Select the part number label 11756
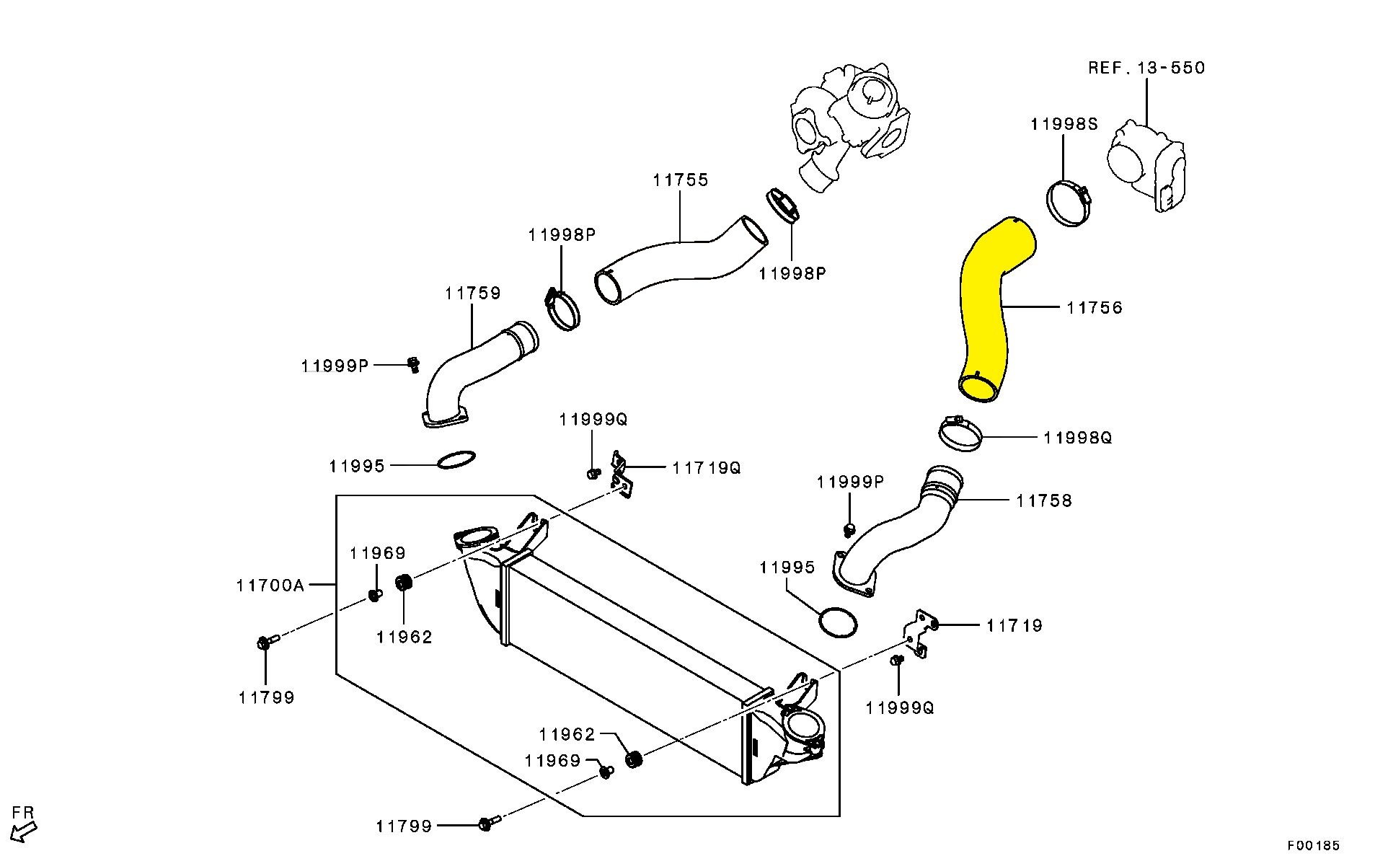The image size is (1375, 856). [1095, 308]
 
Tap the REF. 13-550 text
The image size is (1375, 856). [1146, 68]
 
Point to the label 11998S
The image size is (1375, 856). [1064, 124]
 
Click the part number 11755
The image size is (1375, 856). [681, 180]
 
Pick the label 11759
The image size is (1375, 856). [472, 294]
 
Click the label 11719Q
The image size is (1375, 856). [706, 467]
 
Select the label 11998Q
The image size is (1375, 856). [1077, 438]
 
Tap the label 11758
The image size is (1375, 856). [1044, 500]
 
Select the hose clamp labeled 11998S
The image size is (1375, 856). [1068, 204]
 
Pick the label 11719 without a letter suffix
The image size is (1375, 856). [1014, 625]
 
